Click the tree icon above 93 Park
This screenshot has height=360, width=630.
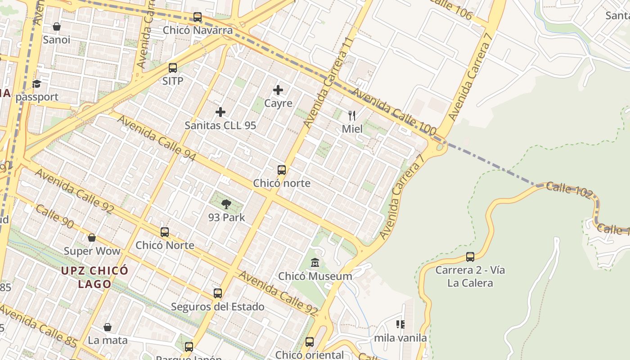tap(226, 205)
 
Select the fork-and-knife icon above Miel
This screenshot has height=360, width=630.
tap(352, 116)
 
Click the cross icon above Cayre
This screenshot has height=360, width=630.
tap(278, 90)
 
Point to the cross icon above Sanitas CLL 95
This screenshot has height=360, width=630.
tap(220, 112)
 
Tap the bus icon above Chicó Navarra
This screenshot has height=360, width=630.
tap(198, 17)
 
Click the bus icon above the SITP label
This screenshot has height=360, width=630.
tap(173, 68)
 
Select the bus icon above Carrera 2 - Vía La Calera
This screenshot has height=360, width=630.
tap(470, 257)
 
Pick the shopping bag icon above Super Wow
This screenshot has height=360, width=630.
tap(92, 238)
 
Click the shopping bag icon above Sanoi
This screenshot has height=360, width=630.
tap(57, 27)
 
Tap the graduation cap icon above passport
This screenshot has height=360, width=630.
tap(36, 84)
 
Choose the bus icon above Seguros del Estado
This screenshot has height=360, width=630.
tap(218, 293)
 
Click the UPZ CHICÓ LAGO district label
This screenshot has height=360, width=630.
tap(95, 277)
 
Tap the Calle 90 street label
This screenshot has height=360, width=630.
tap(54, 216)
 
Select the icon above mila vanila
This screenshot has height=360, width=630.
tap(400, 324)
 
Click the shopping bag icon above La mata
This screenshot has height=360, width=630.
tap(108, 327)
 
